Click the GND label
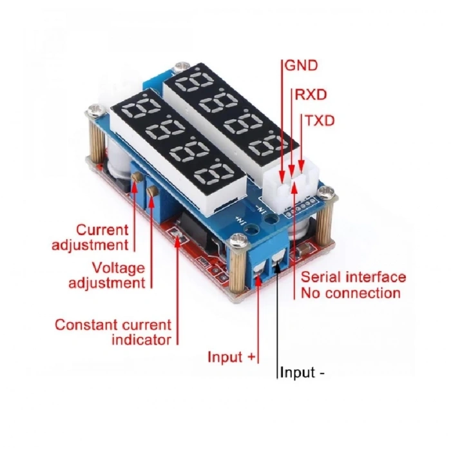pyautogui.click(x=301, y=66)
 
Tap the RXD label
pyautogui.click(x=311, y=95)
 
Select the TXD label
pyautogui.click(x=320, y=120)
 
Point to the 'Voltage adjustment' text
pyautogui.click(x=115, y=275)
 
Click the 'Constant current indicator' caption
pyautogui.click(x=113, y=332)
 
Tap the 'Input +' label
pyautogui.click(x=232, y=357)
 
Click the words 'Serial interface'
pyautogui.click(x=354, y=277)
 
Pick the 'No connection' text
pyautogui.click(x=351, y=293)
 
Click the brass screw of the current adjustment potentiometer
pyautogui.click(x=135, y=186)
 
